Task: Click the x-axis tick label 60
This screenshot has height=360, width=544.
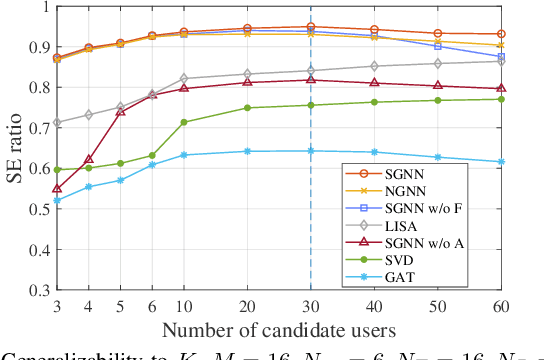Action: (x=501, y=306)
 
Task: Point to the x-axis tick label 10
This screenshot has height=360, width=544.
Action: (x=183, y=306)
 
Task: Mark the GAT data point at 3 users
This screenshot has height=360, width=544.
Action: (x=56, y=200)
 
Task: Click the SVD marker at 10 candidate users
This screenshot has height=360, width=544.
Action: (x=183, y=122)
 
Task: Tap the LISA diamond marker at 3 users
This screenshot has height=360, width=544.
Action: (x=56, y=123)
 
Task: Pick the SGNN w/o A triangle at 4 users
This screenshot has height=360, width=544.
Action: (x=88, y=159)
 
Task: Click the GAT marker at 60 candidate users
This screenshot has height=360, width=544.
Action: (x=501, y=162)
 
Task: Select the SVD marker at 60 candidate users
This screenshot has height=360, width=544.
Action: (x=501, y=99)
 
